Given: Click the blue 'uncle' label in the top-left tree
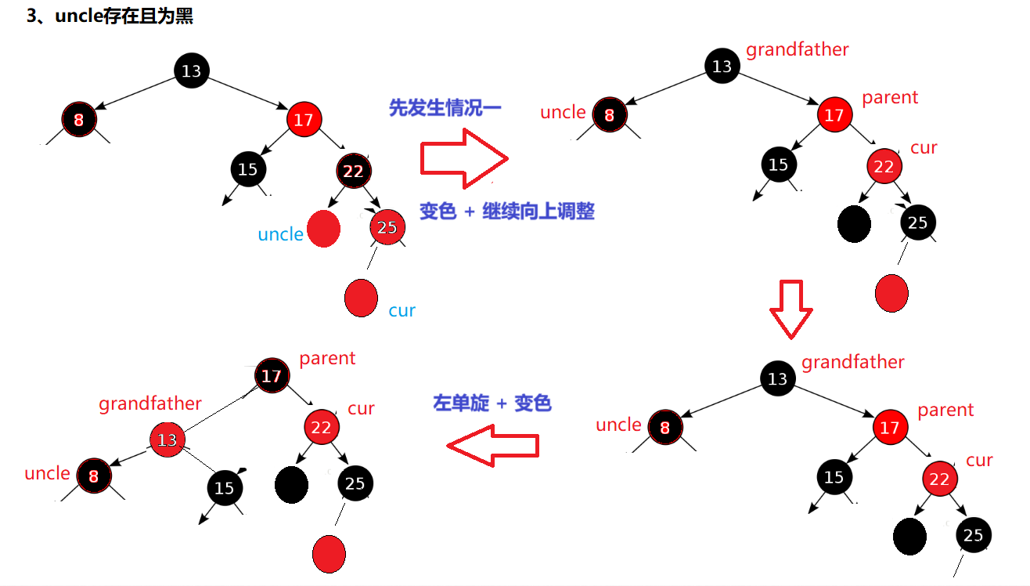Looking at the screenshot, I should click(280, 234).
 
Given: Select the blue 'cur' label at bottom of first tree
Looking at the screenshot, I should click(402, 310).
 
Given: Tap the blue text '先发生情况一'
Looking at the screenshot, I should click(445, 108).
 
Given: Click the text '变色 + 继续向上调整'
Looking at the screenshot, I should click(506, 211).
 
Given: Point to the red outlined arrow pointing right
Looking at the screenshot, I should click(463, 160).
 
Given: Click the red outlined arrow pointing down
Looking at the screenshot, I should click(791, 309).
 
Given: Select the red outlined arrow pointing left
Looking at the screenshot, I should click(493, 446).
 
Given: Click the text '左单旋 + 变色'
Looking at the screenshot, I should click(492, 403).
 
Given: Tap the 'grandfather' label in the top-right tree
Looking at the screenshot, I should click(797, 50).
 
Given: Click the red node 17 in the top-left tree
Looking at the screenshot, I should click(304, 119).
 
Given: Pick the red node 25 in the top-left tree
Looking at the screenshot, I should click(387, 227).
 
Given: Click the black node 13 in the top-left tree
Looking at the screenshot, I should click(191, 71).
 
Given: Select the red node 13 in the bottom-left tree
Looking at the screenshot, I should click(167, 439).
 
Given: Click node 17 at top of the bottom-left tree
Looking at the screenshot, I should click(271, 376).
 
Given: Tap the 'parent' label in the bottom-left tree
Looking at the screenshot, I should click(327, 359).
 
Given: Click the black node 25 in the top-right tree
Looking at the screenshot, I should click(917, 222).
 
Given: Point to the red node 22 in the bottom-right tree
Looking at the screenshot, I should click(939, 479).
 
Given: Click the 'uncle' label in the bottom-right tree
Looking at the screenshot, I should click(618, 425).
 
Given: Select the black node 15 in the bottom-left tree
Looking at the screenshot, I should click(225, 488).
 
